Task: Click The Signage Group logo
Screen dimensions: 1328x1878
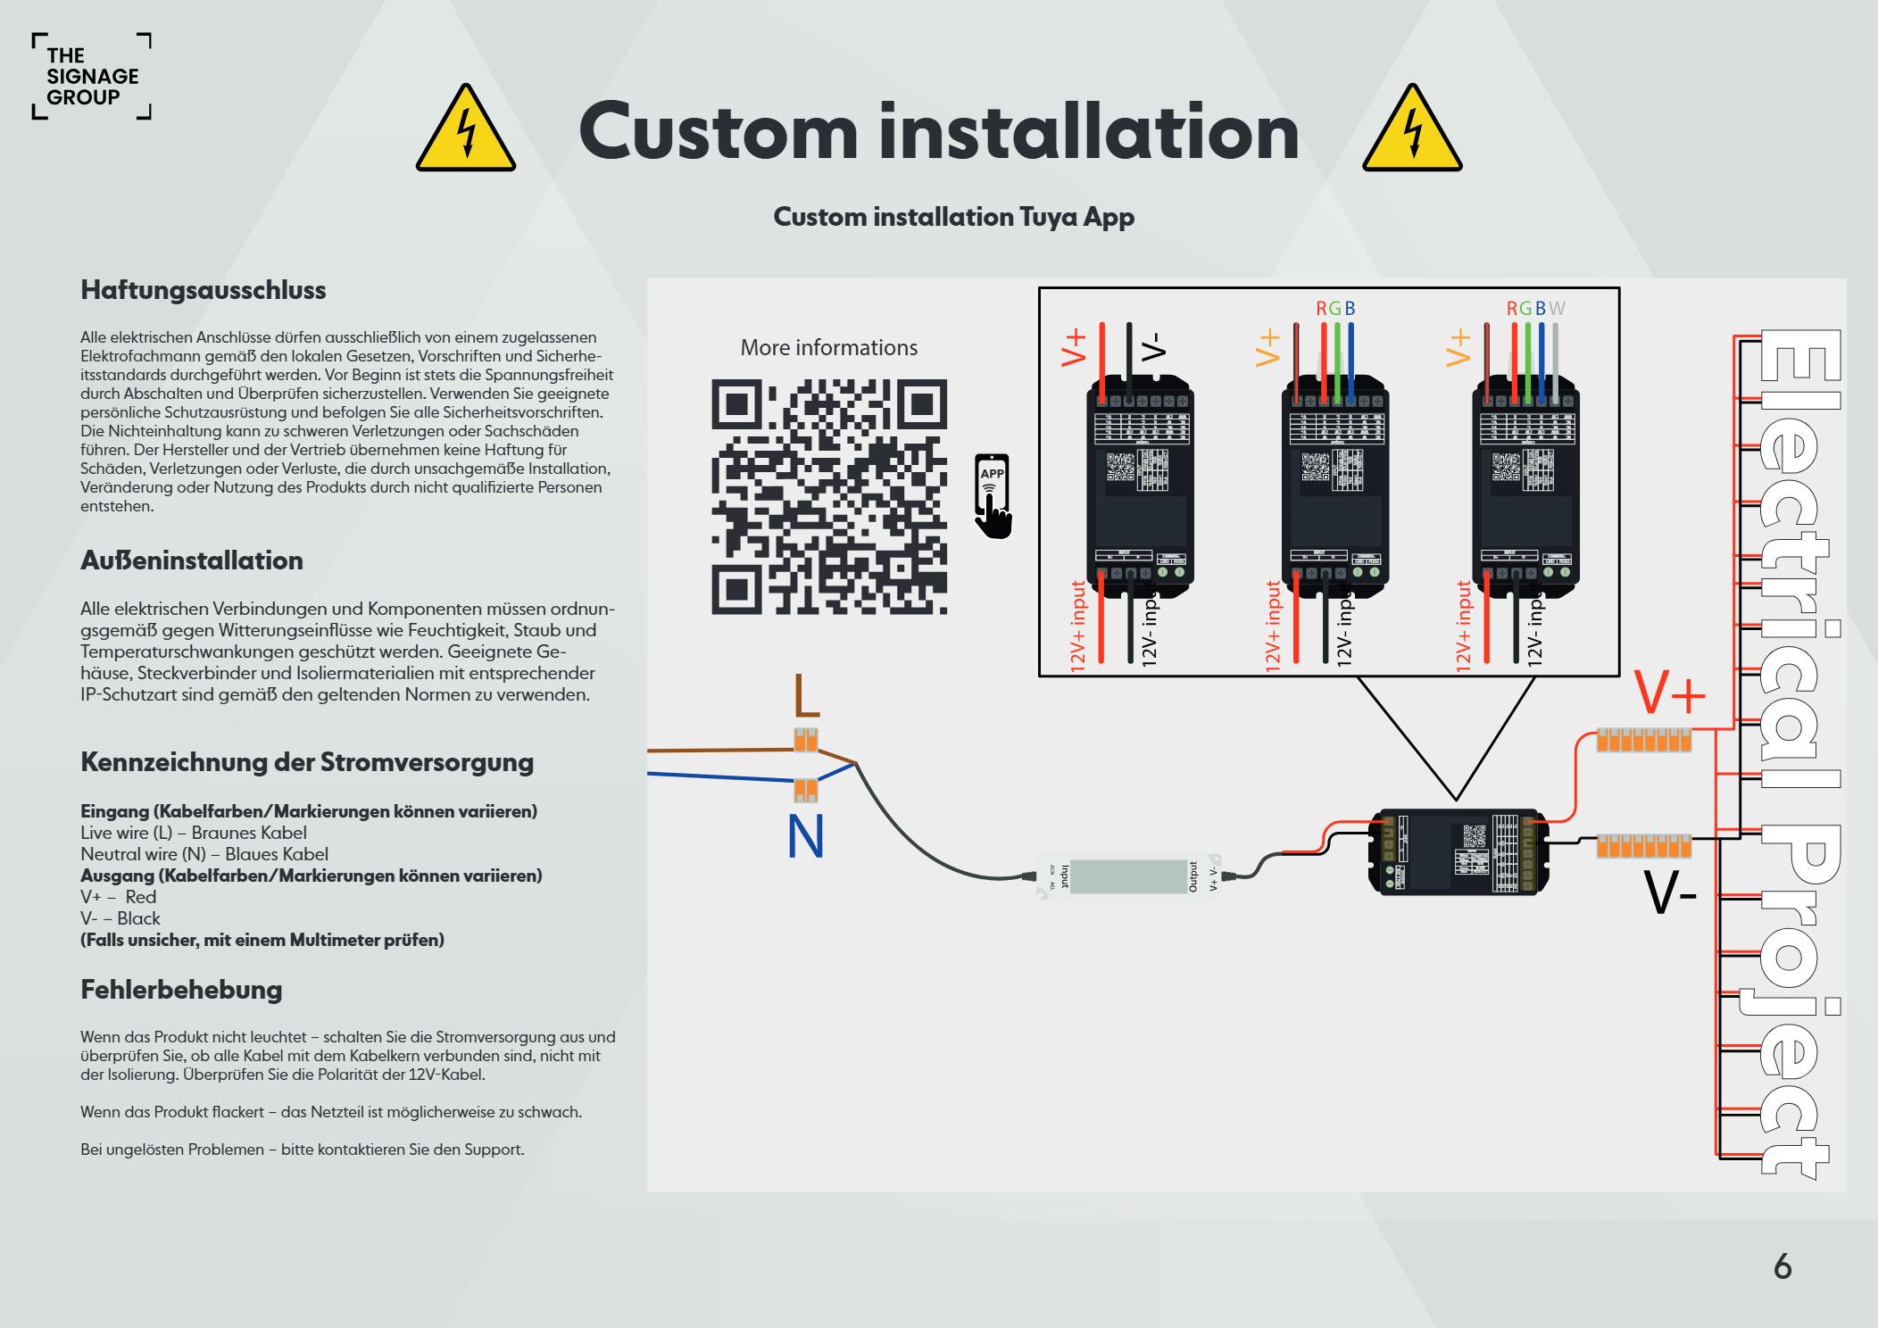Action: (x=92, y=77)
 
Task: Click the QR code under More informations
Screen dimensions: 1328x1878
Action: (x=828, y=497)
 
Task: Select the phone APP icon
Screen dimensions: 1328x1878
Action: (x=993, y=496)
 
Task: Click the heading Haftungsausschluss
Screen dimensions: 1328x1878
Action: (x=204, y=290)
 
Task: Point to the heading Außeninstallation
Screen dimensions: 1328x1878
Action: (x=192, y=560)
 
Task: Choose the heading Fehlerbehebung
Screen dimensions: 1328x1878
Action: (x=181, y=989)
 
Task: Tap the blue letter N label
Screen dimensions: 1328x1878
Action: (x=805, y=837)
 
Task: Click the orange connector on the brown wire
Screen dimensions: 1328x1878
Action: (x=805, y=740)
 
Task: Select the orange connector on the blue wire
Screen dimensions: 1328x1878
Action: (x=805, y=790)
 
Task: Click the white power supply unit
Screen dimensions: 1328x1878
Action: (x=1128, y=876)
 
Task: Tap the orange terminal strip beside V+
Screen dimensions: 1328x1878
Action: (x=1643, y=740)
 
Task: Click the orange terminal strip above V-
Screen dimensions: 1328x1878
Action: (x=1643, y=845)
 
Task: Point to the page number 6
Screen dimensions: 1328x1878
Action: (x=1782, y=1266)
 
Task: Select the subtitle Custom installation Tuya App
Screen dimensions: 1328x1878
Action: (x=953, y=217)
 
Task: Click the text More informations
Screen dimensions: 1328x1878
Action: (x=828, y=347)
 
